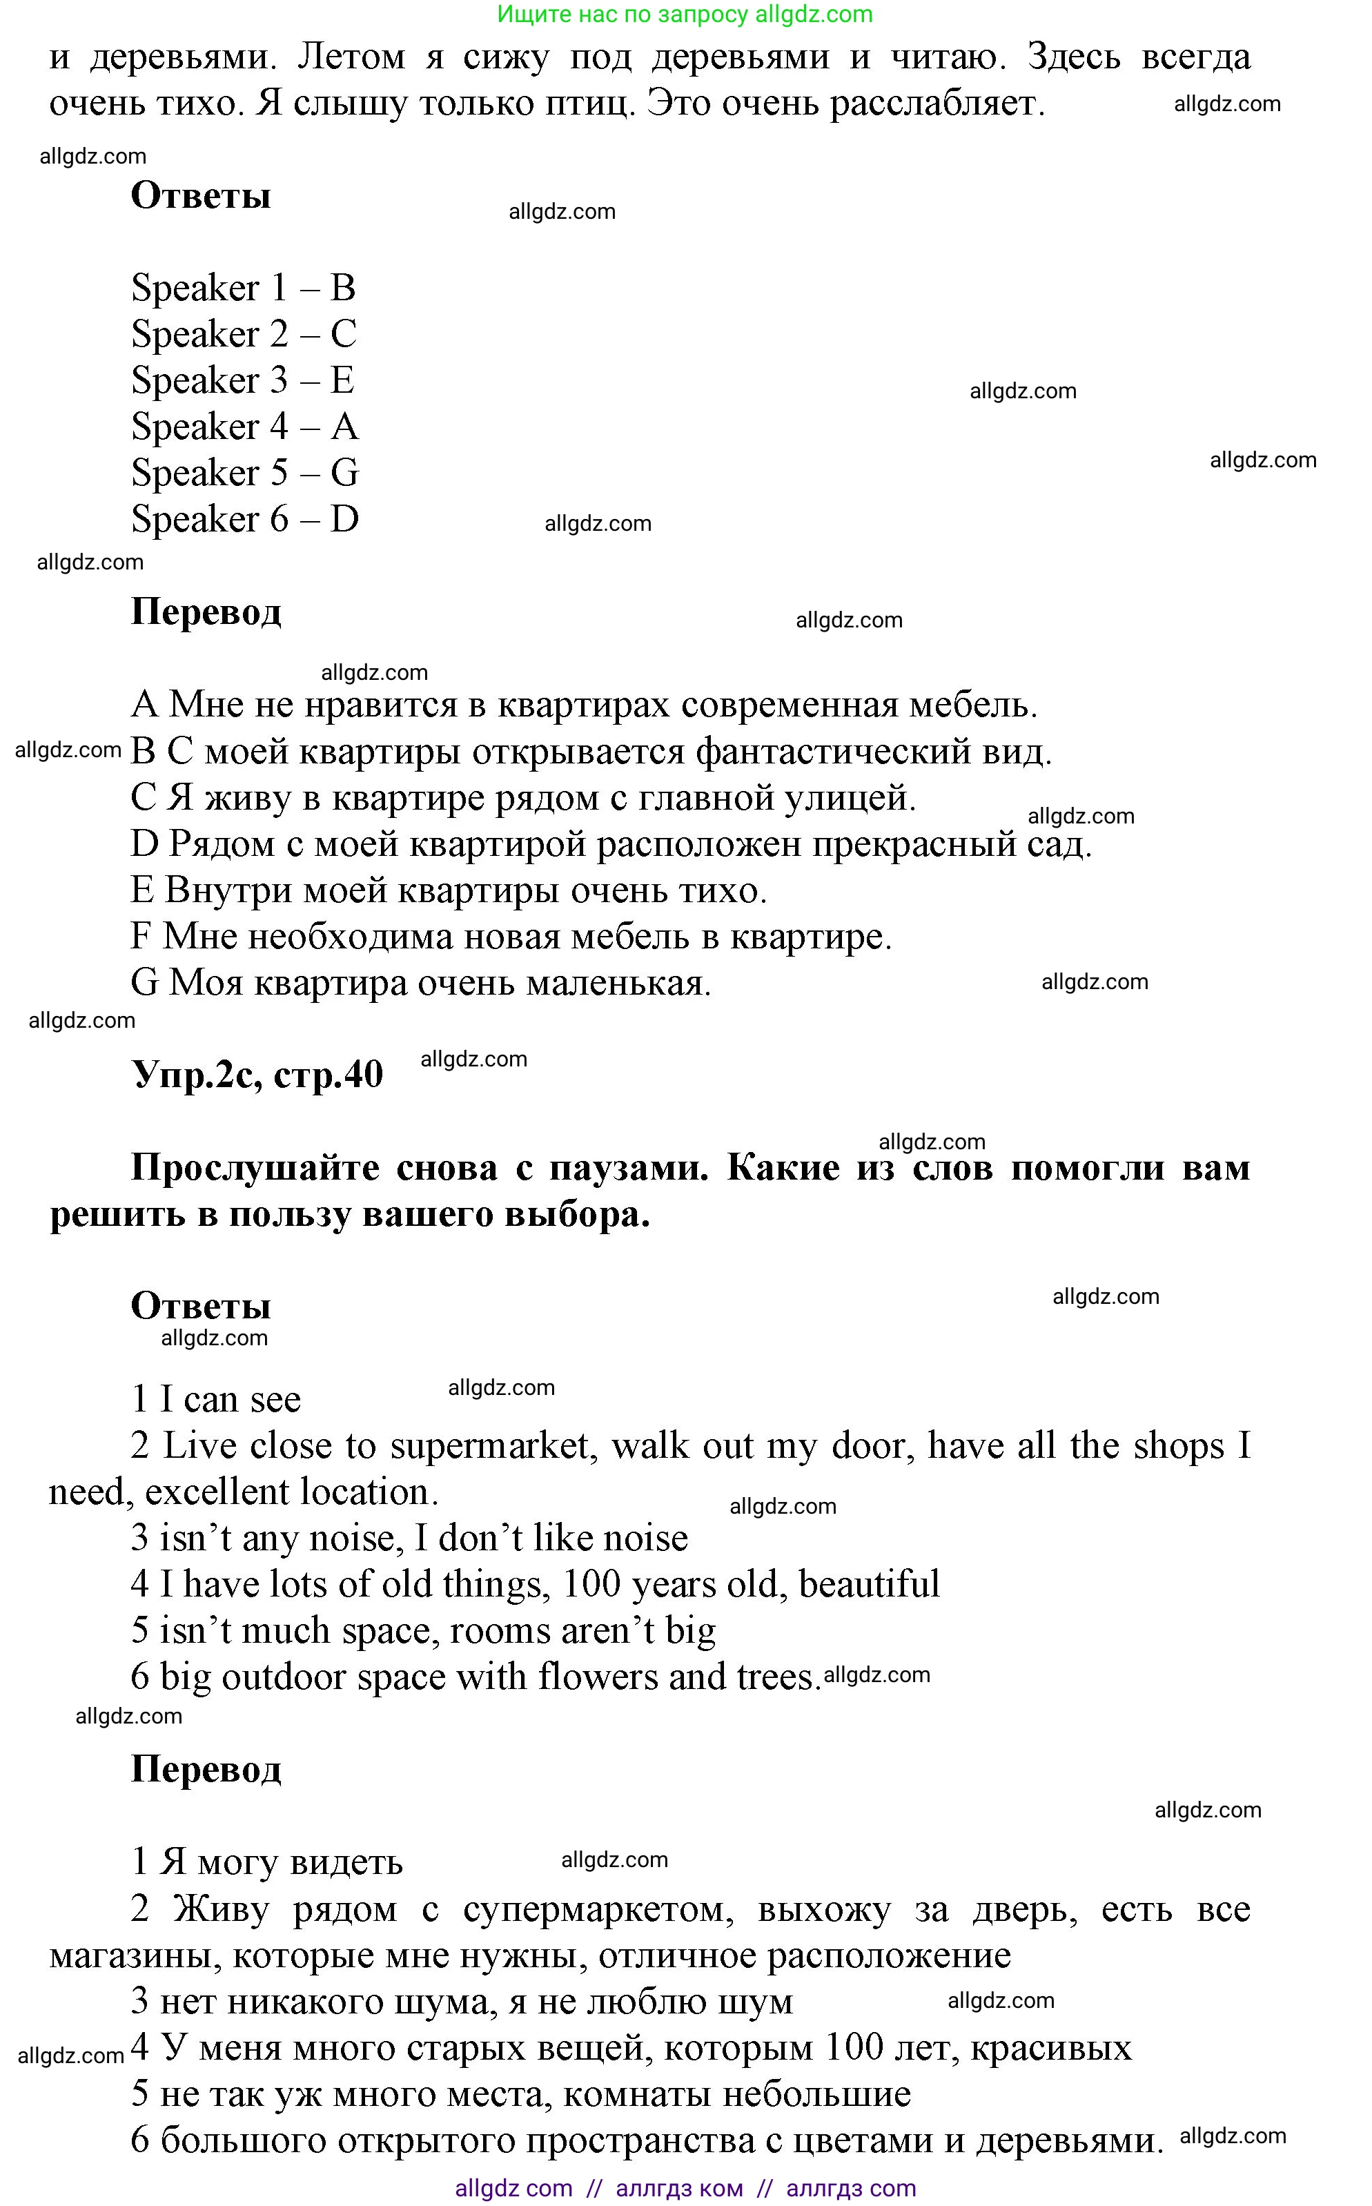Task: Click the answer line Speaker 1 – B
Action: (243, 288)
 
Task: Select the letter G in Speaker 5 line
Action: (345, 473)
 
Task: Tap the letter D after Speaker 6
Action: (345, 519)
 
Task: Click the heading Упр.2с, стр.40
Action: (257, 1075)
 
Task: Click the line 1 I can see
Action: (216, 1399)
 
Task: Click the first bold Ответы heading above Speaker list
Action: (201, 195)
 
